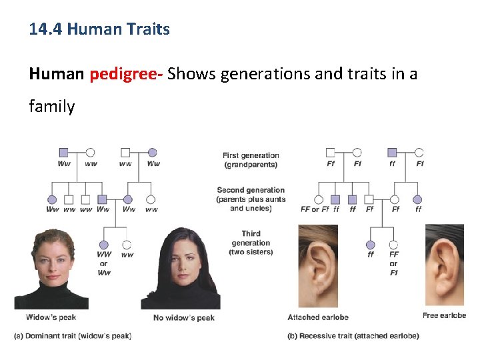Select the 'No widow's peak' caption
click(x=184, y=317)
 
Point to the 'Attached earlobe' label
click(x=318, y=317)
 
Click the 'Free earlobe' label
click(x=444, y=315)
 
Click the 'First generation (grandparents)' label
click(x=251, y=160)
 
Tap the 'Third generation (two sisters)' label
click(x=251, y=243)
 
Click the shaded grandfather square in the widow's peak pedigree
click(x=64, y=152)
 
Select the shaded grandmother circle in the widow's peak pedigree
click(x=153, y=152)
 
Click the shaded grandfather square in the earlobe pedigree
click(x=393, y=152)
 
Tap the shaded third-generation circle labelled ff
click(x=371, y=245)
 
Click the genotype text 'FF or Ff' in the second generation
click(x=315, y=209)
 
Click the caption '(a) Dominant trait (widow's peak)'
click(x=73, y=336)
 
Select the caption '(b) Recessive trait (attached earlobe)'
click(x=353, y=336)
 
